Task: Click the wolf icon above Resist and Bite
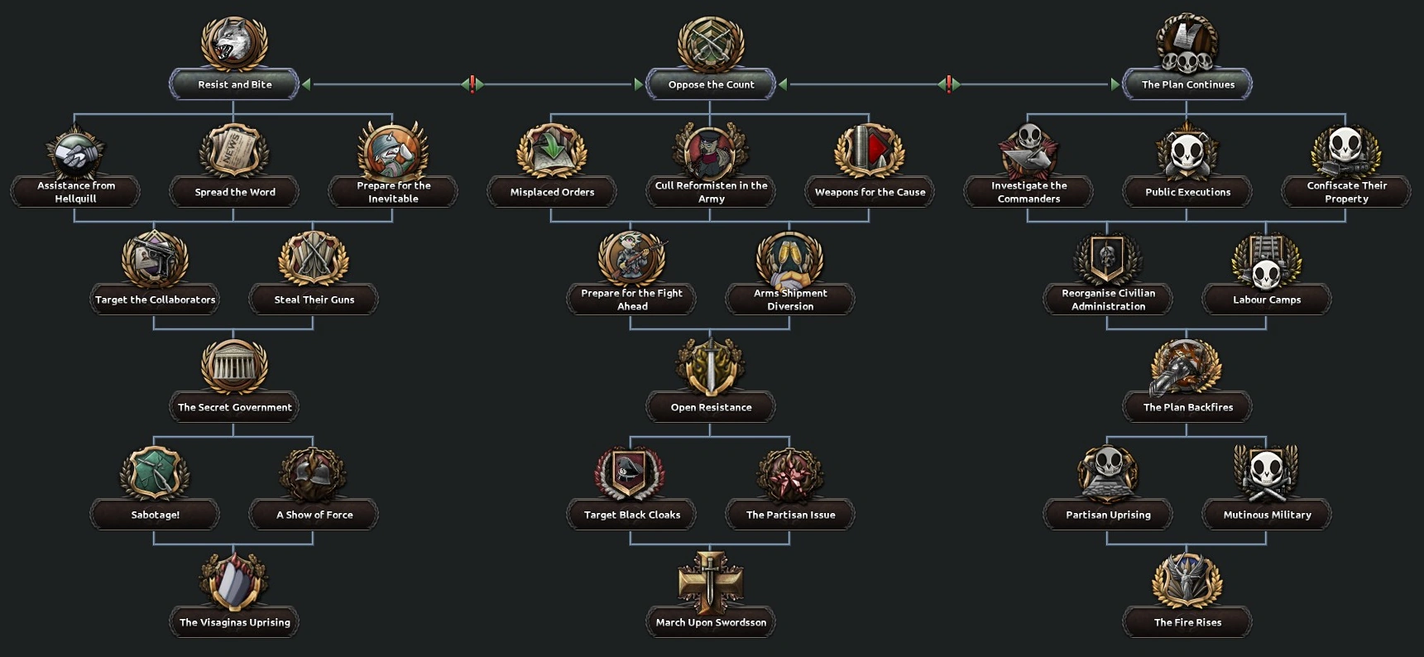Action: pos(234,42)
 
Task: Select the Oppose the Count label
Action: pos(711,84)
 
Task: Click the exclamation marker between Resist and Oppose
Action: pos(472,84)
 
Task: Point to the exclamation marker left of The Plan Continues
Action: pos(948,84)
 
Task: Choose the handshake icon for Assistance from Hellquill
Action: pos(75,151)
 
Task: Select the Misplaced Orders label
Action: pos(552,192)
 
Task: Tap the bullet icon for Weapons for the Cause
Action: pos(870,151)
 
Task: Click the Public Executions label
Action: pos(1187,192)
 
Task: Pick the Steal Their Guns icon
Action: pos(314,258)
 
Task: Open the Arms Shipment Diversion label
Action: pos(790,300)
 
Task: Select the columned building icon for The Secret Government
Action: pos(234,366)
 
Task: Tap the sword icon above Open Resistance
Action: pos(711,366)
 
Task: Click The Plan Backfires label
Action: pos(1187,407)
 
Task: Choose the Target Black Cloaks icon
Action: pos(631,473)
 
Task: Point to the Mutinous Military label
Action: pos(1267,515)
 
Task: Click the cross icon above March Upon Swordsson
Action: pos(711,581)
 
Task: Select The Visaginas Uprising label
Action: pos(234,622)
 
